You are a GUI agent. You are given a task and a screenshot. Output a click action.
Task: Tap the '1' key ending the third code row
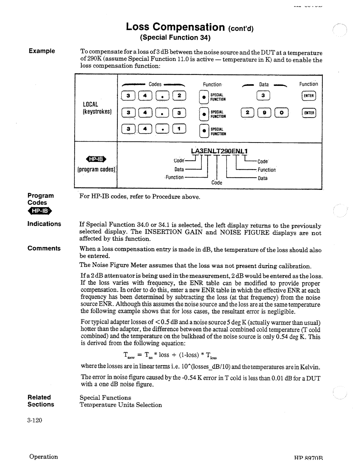click(x=179, y=129)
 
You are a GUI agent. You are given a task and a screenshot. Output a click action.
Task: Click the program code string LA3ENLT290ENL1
click(x=219, y=151)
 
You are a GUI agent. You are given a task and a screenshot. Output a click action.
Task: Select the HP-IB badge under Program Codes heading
click(x=40, y=211)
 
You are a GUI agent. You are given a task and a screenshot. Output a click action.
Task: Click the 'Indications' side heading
click(x=44, y=224)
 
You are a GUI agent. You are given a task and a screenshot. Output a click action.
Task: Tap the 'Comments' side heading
click(x=44, y=248)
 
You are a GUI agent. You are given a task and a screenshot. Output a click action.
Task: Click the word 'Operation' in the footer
click(x=43, y=457)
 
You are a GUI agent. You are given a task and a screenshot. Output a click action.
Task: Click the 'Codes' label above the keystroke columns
click(x=155, y=84)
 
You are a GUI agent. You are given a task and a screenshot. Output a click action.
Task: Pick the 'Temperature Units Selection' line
click(x=121, y=405)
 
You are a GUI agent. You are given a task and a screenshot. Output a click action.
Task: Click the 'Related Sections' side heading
click(x=41, y=401)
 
